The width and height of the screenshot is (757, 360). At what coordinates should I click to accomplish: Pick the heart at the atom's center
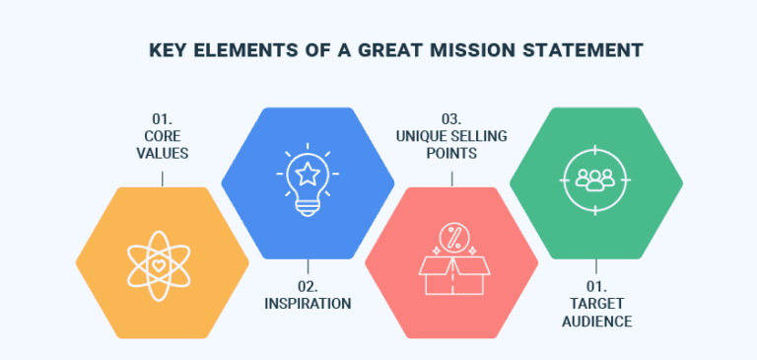click(163, 265)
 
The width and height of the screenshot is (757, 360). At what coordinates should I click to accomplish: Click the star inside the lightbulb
click(308, 174)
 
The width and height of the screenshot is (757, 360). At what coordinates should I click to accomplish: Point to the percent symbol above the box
click(451, 238)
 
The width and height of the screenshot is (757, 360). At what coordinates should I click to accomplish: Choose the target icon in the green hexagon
click(596, 180)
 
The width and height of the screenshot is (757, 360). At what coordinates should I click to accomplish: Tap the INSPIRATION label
click(308, 303)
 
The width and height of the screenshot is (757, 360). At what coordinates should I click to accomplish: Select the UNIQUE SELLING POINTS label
click(451, 145)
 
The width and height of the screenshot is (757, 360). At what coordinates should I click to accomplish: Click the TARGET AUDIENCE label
click(596, 313)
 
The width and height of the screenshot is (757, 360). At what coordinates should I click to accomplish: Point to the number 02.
click(308, 286)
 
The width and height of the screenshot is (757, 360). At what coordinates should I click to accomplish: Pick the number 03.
click(451, 117)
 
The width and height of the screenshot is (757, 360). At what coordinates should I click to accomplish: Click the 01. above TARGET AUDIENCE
click(596, 286)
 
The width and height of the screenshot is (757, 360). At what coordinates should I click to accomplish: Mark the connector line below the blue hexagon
click(308, 266)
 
